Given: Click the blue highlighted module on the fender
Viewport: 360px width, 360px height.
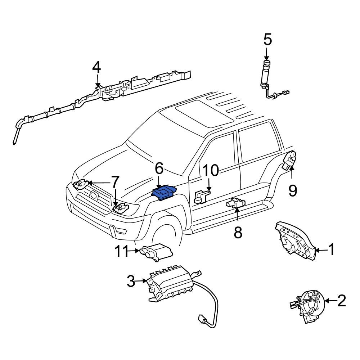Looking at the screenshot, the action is click(x=164, y=192).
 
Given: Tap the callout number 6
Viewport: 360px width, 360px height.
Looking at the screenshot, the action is click(x=159, y=168).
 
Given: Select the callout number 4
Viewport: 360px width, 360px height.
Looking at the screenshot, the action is click(x=96, y=67).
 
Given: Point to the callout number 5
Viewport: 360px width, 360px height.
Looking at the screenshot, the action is click(x=267, y=40).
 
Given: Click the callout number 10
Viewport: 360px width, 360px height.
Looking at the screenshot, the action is click(x=211, y=171).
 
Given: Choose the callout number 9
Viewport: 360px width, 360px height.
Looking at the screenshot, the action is click(x=292, y=190).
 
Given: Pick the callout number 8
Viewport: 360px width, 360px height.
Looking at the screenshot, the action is click(x=238, y=232).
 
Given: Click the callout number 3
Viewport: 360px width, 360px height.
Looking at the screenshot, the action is click(x=131, y=281).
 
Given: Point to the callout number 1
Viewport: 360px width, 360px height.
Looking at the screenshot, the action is click(x=331, y=249).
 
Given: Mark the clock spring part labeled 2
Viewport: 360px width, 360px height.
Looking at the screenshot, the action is click(x=307, y=306).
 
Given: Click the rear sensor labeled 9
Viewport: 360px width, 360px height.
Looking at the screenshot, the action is click(x=289, y=160).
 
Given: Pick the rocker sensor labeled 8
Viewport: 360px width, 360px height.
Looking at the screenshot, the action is click(x=235, y=203).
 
